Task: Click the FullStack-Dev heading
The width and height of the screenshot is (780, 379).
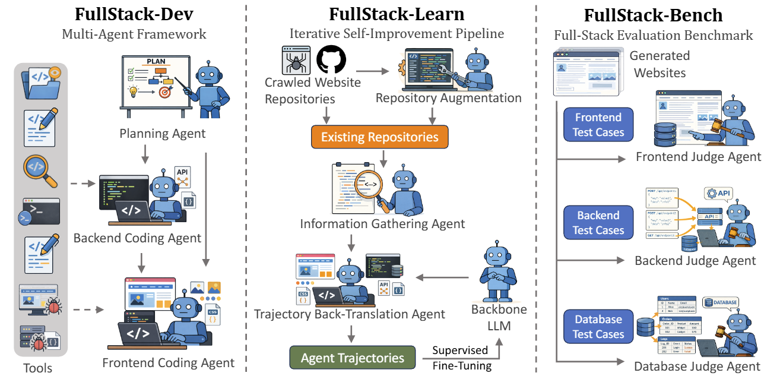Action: (x=134, y=15)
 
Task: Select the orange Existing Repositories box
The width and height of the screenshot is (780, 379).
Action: (x=379, y=137)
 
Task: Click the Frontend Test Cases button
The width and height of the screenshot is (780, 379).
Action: (x=598, y=125)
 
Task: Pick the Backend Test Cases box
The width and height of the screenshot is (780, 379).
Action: (x=598, y=223)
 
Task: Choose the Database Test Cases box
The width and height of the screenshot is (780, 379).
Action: (x=598, y=327)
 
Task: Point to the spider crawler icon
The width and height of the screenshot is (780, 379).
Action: (x=297, y=60)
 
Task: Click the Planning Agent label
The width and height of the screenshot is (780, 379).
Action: (x=163, y=133)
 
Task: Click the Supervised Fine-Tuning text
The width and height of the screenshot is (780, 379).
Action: (x=461, y=358)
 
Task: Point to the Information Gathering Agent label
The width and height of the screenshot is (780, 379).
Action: (x=382, y=224)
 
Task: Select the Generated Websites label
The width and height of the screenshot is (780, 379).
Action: (x=659, y=64)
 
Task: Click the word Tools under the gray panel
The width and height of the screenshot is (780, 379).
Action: (x=38, y=368)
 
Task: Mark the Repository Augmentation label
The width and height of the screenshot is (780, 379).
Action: (x=449, y=98)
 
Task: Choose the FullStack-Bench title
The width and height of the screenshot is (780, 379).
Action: (x=653, y=15)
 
